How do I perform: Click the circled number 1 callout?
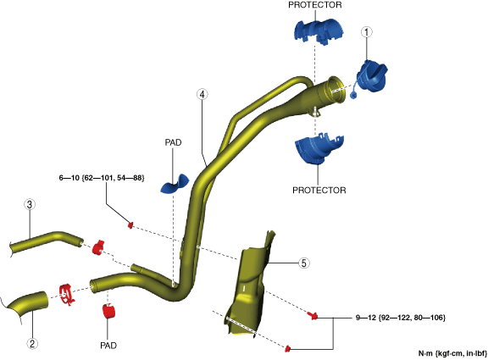367,32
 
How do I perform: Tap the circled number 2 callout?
32,344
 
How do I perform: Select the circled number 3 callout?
30,205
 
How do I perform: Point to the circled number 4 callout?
202,94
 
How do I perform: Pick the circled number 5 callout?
304,263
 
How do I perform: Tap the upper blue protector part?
319,31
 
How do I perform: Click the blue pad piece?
175,185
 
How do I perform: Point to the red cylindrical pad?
108,311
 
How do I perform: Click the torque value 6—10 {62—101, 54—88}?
102,178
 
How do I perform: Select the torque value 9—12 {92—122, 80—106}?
401,318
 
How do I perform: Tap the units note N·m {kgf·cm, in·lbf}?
452,353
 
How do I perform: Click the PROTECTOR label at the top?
315,5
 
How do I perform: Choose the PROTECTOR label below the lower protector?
319,190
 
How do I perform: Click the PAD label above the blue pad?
173,142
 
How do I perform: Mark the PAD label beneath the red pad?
108,346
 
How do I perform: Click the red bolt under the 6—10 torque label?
130,224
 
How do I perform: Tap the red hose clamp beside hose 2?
67,295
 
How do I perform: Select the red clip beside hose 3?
98,247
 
